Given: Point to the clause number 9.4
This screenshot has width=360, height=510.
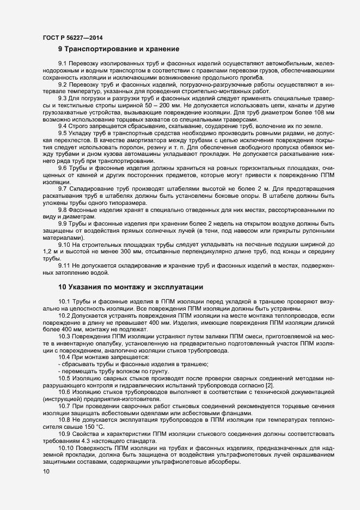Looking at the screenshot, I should pyautogui.click(x=63, y=125).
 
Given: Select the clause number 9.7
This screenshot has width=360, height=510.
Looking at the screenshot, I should pyautogui.click(x=63, y=188).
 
